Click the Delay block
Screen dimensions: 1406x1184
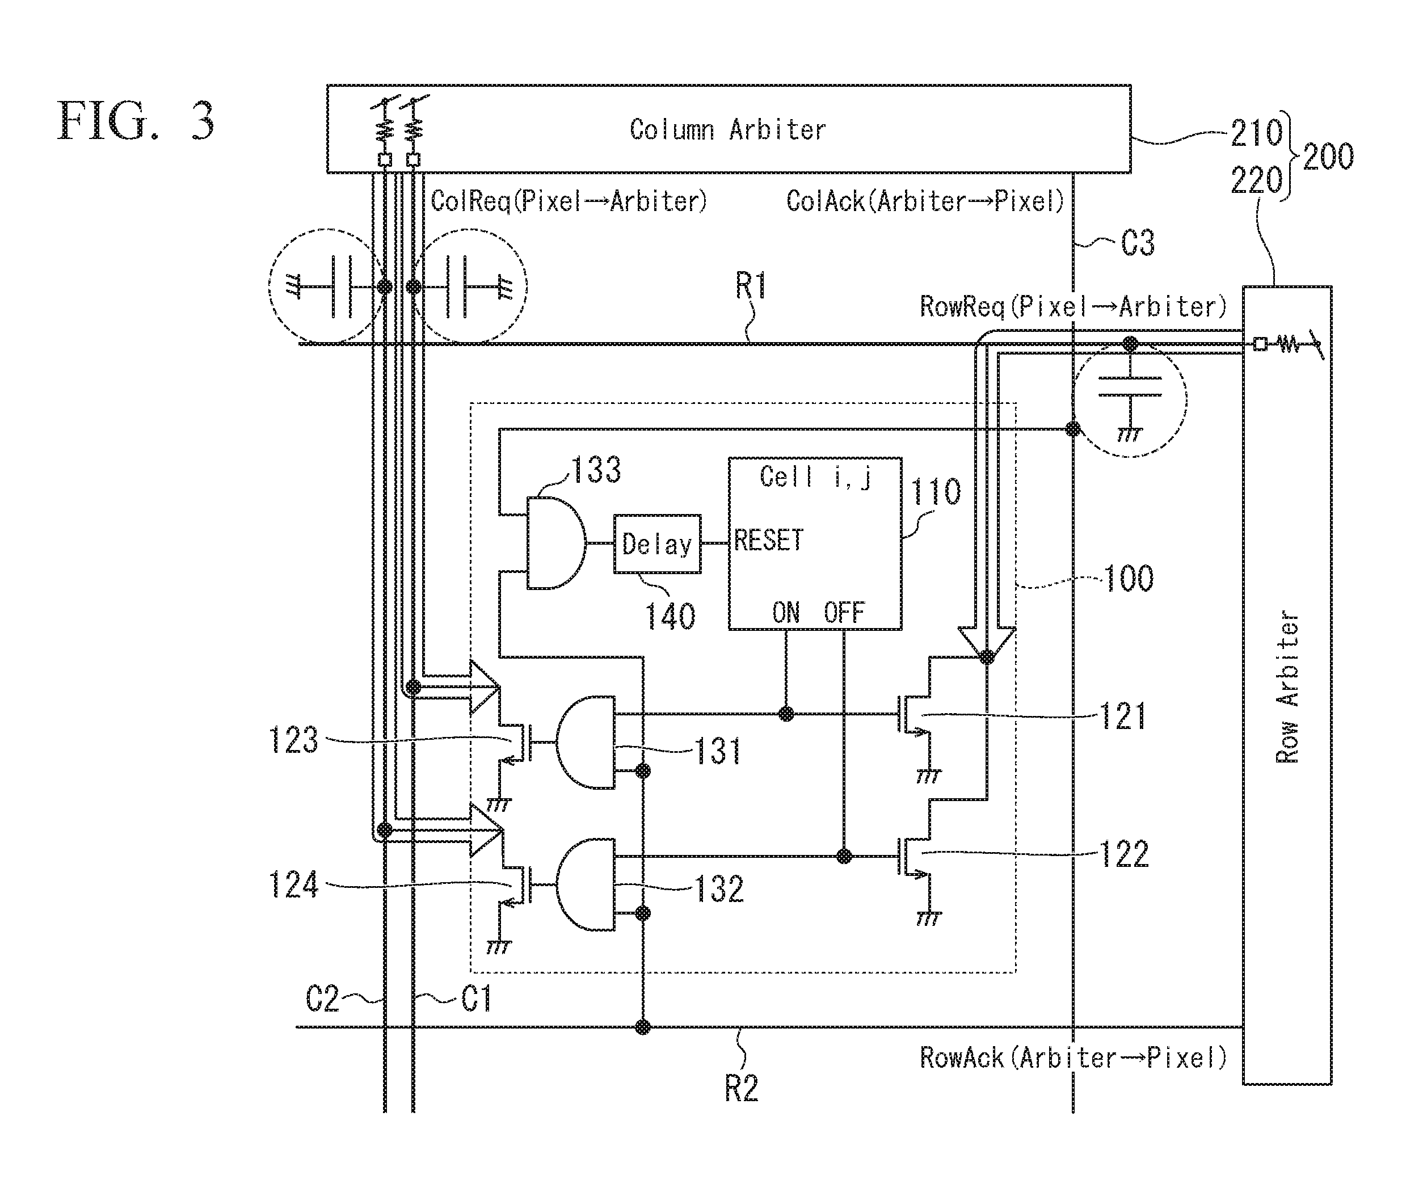(657, 543)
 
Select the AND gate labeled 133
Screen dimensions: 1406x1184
(555, 543)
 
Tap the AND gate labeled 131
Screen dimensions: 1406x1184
(585, 741)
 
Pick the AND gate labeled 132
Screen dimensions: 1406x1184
(585, 884)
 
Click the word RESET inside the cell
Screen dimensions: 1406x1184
(768, 540)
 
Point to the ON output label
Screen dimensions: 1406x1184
(786, 613)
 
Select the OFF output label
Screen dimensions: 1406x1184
(844, 613)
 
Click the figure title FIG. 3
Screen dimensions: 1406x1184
(136, 121)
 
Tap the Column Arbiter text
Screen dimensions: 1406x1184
(727, 129)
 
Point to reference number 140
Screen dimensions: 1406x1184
(670, 616)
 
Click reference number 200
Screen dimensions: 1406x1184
(1328, 157)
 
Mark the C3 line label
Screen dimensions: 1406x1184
(1138, 243)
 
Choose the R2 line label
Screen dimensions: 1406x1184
(741, 1089)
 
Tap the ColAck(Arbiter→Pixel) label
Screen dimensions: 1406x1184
(925, 201)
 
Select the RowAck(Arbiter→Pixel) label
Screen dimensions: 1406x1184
(1073, 1058)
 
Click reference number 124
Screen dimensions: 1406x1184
(293, 884)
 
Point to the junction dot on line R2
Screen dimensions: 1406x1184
(643, 1027)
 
